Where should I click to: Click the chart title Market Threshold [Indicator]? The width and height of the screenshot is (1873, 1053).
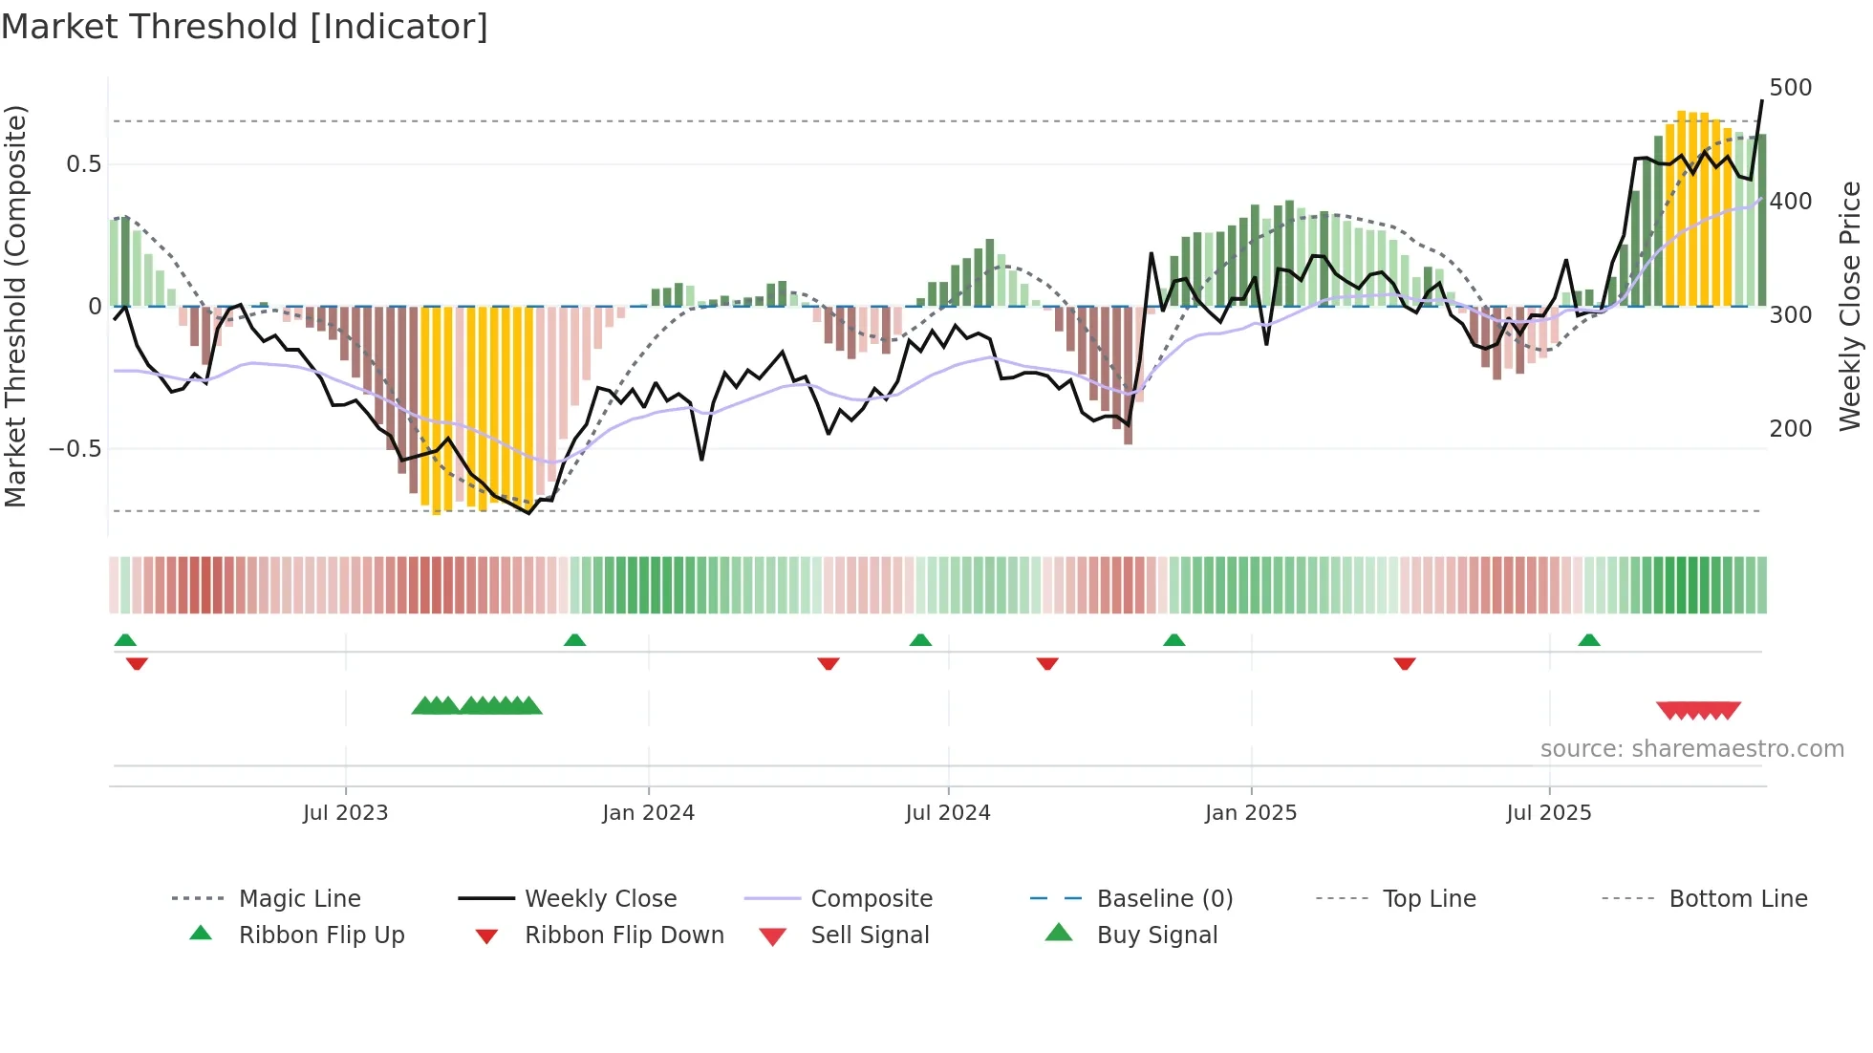coord(245,27)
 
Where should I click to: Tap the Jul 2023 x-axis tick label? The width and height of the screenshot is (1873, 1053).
coord(345,813)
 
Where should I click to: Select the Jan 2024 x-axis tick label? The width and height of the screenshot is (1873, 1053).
coord(648,813)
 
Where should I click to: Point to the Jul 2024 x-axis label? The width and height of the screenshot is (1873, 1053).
coord(947,813)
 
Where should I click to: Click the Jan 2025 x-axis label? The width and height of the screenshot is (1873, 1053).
coord(1250,813)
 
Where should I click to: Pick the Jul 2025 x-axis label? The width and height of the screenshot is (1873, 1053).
coord(1548,813)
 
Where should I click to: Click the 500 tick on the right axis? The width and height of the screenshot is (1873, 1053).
coord(1790,88)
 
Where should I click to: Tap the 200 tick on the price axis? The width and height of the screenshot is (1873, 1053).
coord(1790,429)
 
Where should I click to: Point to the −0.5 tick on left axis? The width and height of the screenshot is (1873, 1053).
coord(75,449)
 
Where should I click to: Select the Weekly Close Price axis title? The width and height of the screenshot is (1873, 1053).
coord(1850,306)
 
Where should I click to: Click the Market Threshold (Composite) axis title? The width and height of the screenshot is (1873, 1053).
coord(15,306)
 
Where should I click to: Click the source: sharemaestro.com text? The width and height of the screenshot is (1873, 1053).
coord(1691,749)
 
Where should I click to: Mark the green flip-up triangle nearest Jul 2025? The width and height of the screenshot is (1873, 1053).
coord(1588,640)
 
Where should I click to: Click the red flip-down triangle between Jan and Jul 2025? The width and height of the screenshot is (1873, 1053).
coord(1404,663)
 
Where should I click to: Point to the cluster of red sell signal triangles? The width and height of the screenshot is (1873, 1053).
coord(1698,710)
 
